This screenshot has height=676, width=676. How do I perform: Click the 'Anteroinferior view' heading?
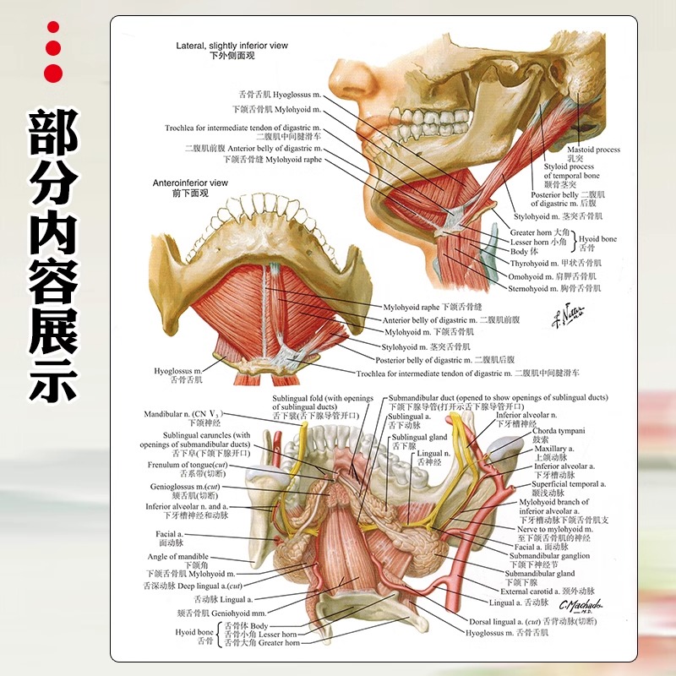click(190, 182)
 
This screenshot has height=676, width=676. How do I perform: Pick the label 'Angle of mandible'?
click(177, 557)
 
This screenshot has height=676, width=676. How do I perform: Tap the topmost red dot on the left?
click(53, 28)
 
